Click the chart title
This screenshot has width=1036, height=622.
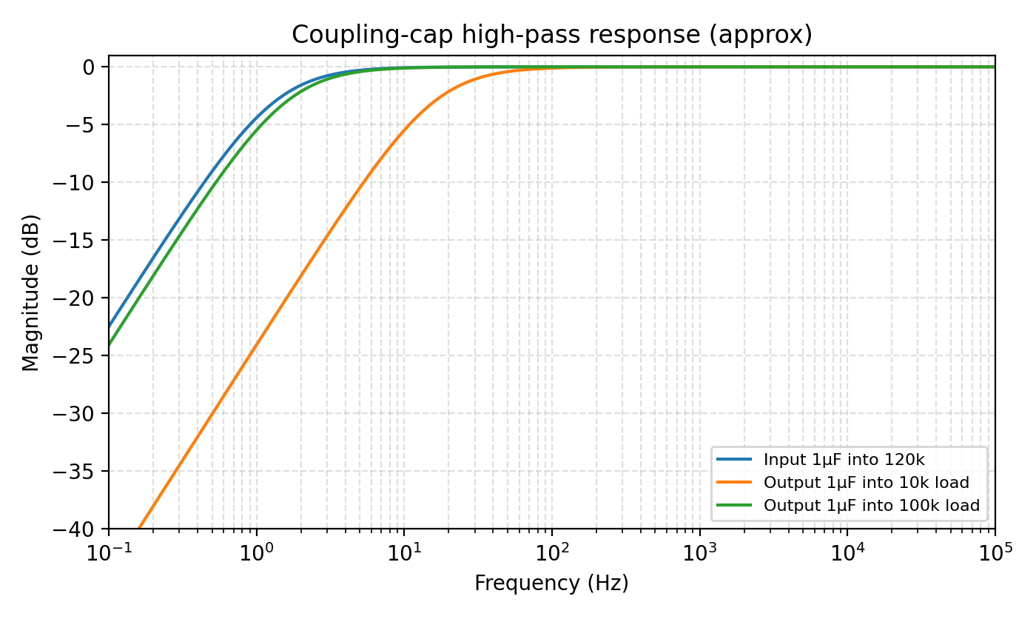551,35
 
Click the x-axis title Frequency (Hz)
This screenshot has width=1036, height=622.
551,583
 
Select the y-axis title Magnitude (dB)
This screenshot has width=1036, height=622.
30,292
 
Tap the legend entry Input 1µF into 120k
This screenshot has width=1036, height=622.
844,460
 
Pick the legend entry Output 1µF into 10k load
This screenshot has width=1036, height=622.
866,483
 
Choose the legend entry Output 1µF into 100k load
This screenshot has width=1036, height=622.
871,506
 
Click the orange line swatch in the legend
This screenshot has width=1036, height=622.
734,483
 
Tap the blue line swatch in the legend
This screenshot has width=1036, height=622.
734,460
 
